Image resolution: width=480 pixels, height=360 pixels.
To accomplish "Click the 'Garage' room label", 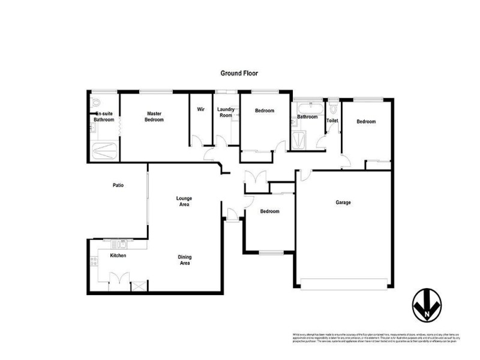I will coord(343,202).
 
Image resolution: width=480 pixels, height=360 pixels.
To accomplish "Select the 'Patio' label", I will coord(118,185).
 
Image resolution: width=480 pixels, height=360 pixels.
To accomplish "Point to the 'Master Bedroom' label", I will coord(155,116).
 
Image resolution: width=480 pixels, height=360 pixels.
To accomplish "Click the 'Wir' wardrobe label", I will coord(201,110).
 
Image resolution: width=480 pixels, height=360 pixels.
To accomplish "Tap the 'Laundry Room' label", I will coord(226,112).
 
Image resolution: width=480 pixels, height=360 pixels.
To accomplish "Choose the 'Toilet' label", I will coord(332,121).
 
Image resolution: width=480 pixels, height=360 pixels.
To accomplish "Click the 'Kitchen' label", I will coord(118,256).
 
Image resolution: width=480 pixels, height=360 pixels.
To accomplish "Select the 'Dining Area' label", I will coord(185,260).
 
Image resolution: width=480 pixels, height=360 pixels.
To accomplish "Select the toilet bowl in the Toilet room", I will coord(332,109).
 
